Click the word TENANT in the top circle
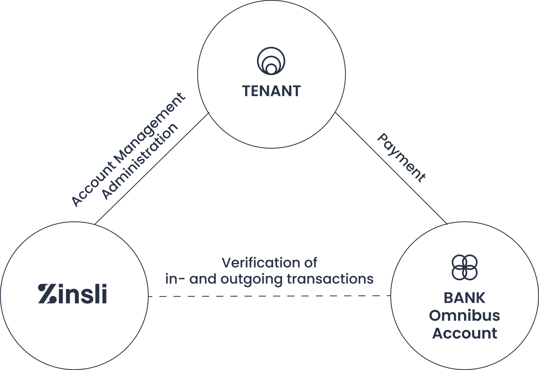click(271, 91)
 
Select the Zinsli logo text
click(73, 294)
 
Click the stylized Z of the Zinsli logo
click(46, 294)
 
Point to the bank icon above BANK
click(465, 267)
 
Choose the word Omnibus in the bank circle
click(465, 316)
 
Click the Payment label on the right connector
click(401, 158)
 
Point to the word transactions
click(330, 279)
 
